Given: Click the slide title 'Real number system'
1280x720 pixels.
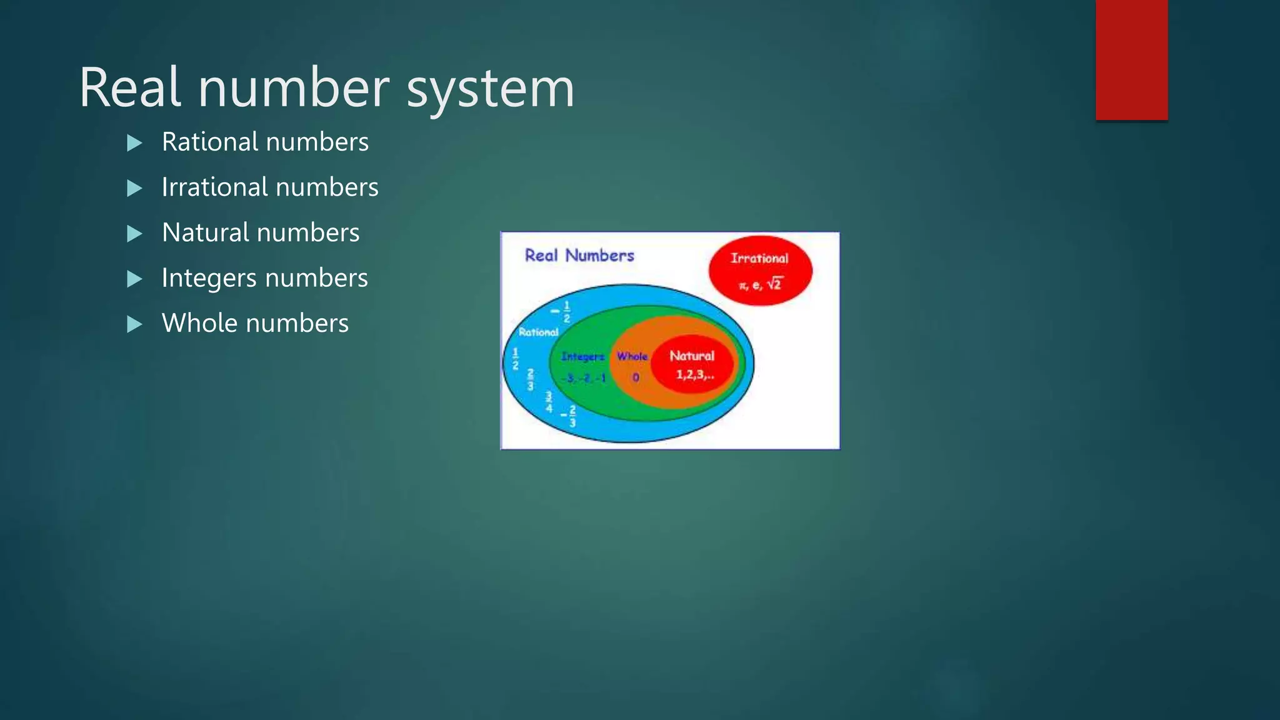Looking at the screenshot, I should pos(326,87).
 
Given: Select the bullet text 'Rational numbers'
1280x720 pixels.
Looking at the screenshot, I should pos(265,142).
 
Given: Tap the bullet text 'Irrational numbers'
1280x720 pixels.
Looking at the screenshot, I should pos(270,187).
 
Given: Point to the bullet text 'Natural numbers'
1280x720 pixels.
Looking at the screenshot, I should pos(261,232).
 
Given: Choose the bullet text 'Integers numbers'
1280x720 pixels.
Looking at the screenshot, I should pos(264,278).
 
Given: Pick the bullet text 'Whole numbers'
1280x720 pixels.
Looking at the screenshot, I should pos(255,323).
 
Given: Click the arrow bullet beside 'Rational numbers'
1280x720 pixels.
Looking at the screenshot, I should pos(134,143).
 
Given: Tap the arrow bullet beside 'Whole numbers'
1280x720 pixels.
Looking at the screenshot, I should pos(134,324).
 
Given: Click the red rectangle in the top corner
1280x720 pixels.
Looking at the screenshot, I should pos(1131,59).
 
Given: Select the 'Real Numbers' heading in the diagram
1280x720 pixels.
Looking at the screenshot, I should pos(579,256).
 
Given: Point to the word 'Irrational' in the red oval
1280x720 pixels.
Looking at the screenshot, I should pos(759,258).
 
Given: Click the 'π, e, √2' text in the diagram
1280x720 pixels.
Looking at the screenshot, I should pos(760,284).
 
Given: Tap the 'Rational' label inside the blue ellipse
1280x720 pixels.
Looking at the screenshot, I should pos(538,332).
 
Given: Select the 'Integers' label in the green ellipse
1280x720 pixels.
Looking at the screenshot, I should pos(582,356).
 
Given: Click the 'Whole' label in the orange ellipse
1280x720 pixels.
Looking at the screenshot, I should pos(632,356).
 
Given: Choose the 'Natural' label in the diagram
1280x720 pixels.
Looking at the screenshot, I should pos(692,356).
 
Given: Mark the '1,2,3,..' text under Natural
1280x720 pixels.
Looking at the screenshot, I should pos(694,375).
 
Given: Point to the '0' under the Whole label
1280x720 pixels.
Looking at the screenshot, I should pos(636,377).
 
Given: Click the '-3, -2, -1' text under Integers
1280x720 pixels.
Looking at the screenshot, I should pos(584,378).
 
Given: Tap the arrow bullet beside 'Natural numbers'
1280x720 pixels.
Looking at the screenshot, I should pos(134,234).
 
